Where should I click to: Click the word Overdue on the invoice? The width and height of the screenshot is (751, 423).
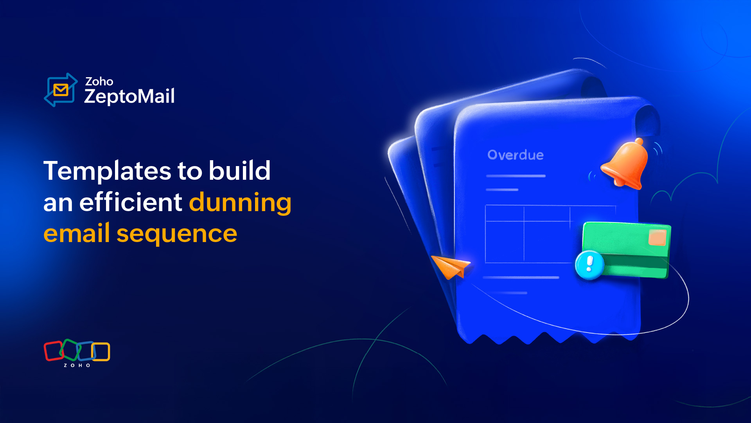[x=515, y=155]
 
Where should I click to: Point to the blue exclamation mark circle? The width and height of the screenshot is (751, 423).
[x=589, y=265]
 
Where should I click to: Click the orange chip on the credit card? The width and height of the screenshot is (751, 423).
[x=657, y=238]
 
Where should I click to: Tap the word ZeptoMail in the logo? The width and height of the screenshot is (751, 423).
[x=129, y=96]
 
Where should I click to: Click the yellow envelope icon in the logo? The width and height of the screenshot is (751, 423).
[x=61, y=90]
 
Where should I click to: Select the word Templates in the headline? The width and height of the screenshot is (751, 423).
[x=107, y=171]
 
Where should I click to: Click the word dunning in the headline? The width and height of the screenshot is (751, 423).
[x=240, y=202]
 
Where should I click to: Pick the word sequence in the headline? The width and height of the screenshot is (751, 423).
[x=177, y=234]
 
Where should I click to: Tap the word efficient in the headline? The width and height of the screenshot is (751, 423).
[x=131, y=202]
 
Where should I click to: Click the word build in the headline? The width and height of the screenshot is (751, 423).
[x=239, y=171]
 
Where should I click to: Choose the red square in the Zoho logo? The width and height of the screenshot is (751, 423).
[x=53, y=351]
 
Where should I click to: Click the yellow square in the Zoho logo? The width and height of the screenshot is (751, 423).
[x=101, y=351]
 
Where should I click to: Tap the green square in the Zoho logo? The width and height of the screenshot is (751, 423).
[x=70, y=349]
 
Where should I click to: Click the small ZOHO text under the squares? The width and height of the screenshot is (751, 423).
[x=77, y=365]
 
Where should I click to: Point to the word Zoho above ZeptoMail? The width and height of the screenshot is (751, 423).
[x=99, y=81]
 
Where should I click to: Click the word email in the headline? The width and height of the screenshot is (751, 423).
[x=76, y=234]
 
